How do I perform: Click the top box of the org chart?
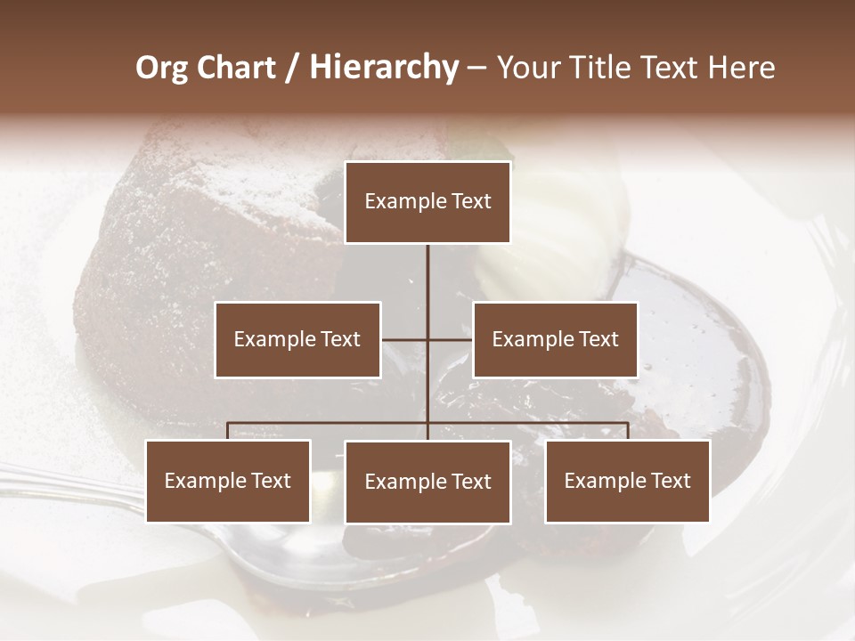427,202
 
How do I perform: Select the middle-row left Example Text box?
297,339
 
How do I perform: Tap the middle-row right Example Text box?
555,339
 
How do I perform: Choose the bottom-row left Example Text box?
228,481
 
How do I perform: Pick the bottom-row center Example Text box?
427,482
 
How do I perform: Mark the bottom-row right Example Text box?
627,481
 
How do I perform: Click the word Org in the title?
161,68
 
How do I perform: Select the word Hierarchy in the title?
384,68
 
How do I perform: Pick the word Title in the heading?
596,68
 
